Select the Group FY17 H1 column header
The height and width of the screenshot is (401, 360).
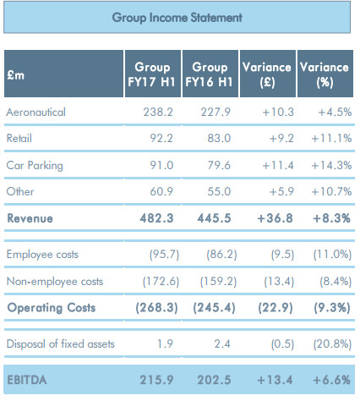[x=152, y=74]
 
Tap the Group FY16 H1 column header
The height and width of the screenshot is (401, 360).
[x=209, y=74]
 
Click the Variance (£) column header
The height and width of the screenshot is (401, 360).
[x=266, y=74]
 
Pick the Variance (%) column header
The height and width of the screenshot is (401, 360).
[x=325, y=74]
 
